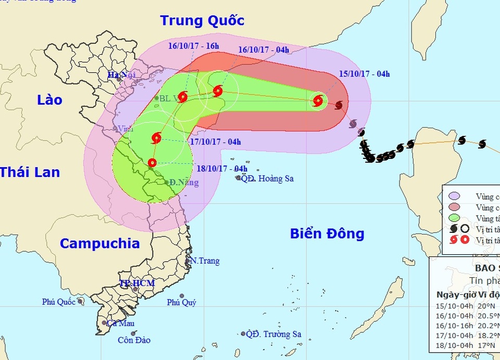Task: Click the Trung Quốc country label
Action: [x=202, y=21]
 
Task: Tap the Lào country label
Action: [x=49, y=100]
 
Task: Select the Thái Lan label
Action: [x=30, y=172]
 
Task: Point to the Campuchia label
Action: [x=99, y=243]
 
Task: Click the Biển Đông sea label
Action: [x=327, y=234]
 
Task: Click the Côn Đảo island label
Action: [x=134, y=340]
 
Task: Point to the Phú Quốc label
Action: [x=59, y=302]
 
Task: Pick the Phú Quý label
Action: [x=181, y=302]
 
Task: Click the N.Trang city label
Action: [x=205, y=261]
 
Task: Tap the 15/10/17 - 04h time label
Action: [x=364, y=74]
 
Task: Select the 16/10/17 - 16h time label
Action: [x=194, y=46]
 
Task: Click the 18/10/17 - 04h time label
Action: [x=222, y=168]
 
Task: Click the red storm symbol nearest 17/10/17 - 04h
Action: [x=156, y=138]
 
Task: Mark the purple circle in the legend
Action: [x=454, y=196]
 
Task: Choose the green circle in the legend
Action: [x=454, y=218]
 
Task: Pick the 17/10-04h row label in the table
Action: [x=455, y=336]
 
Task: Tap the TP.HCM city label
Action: [x=137, y=283]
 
